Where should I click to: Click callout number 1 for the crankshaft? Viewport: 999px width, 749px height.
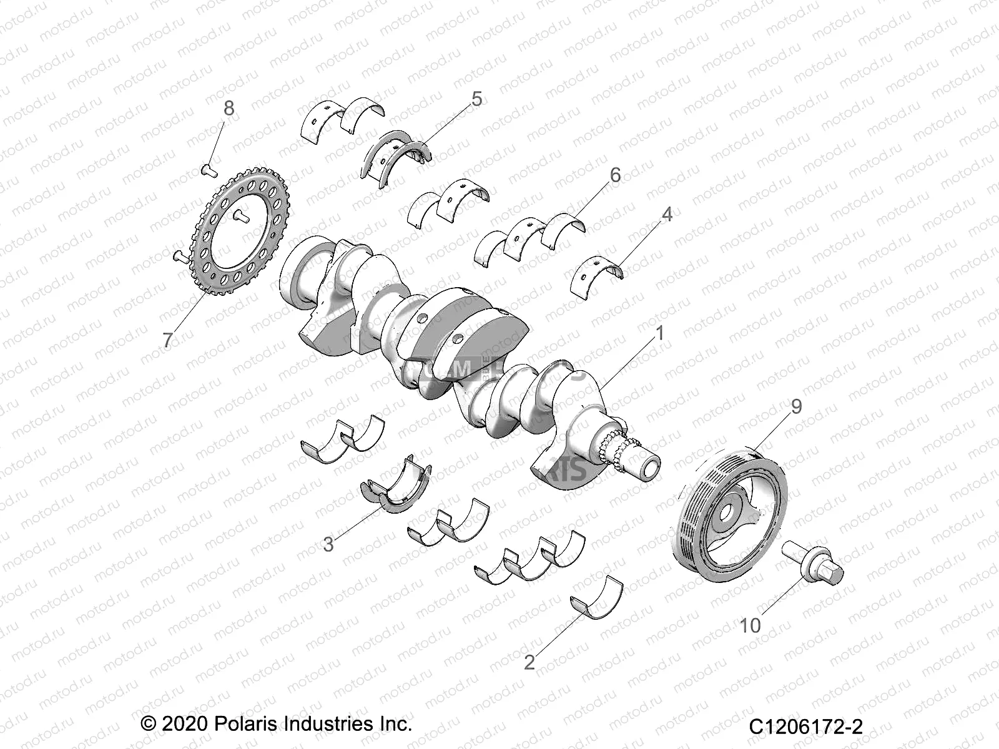click(x=659, y=335)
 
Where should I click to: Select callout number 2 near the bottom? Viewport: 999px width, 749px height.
click(x=529, y=662)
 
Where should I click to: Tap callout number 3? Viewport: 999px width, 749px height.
click(x=328, y=544)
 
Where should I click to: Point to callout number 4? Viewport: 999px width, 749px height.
click(x=667, y=215)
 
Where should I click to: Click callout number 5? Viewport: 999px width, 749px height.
click(x=476, y=99)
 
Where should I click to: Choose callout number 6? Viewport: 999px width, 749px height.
click(x=615, y=175)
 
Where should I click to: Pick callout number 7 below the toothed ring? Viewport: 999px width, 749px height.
click(x=167, y=340)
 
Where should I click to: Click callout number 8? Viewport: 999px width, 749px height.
click(x=229, y=109)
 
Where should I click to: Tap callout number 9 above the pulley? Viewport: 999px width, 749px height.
click(x=796, y=407)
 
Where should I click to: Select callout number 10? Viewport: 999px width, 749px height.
click(x=750, y=625)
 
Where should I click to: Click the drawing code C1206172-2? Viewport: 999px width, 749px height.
click(x=805, y=727)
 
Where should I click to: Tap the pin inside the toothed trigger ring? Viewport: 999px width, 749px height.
click(x=239, y=216)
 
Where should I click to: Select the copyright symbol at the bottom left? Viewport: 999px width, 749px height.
click(x=148, y=724)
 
